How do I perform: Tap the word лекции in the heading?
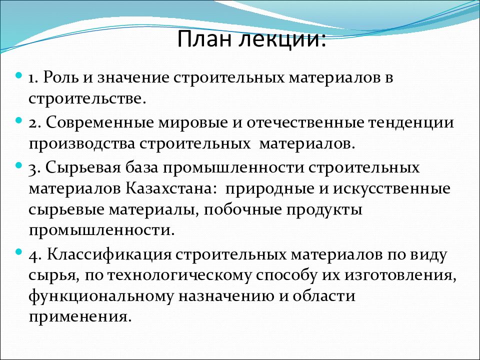point(284,39)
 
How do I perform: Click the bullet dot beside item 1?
point(18,74)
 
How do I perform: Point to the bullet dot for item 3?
point(18,164)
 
